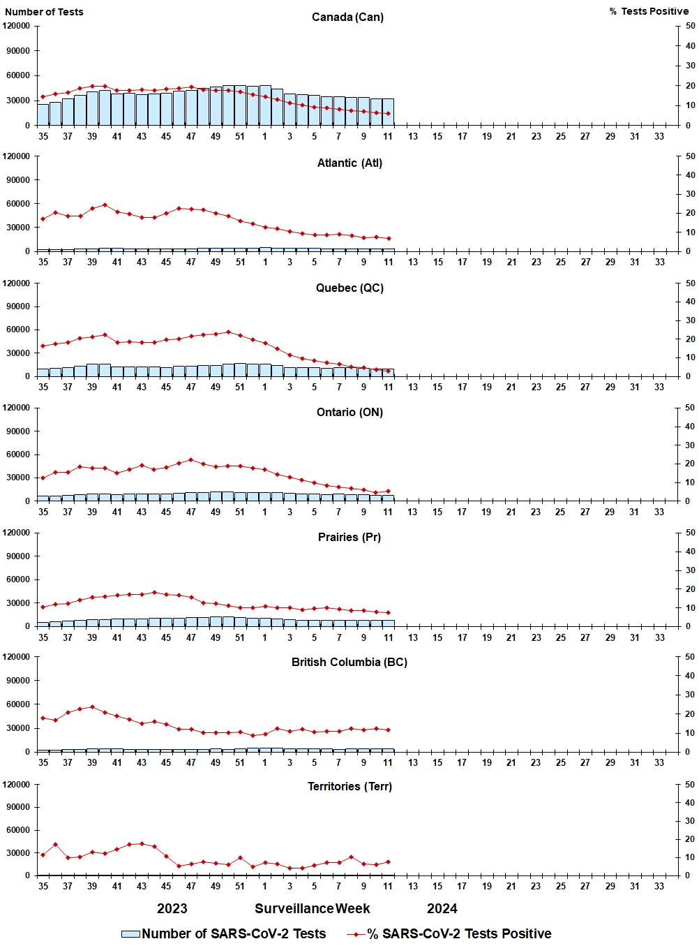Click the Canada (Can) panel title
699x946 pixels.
(x=347, y=17)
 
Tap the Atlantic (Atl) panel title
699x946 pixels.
(x=349, y=163)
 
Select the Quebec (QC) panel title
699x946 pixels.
(x=349, y=288)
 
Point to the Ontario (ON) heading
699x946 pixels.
(x=349, y=412)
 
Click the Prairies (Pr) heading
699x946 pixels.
(x=349, y=537)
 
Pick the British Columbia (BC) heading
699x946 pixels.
(x=349, y=662)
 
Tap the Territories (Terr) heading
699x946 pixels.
(x=349, y=786)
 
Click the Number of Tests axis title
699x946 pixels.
(x=44, y=12)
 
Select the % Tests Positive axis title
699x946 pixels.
(x=648, y=11)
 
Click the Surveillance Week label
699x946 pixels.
(x=312, y=908)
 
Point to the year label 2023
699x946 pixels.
(x=172, y=908)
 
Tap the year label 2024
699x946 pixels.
(x=442, y=908)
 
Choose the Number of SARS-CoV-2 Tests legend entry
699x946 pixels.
(x=223, y=933)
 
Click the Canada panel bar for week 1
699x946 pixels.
(x=265, y=106)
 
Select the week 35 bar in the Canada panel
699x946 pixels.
(x=43, y=115)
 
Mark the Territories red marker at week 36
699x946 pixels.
(x=55, y=845)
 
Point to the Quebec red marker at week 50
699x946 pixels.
(x=228, y=332)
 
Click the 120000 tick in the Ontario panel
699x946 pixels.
(x=17, y=408)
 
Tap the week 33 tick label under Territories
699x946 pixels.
(x=659, y=886)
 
